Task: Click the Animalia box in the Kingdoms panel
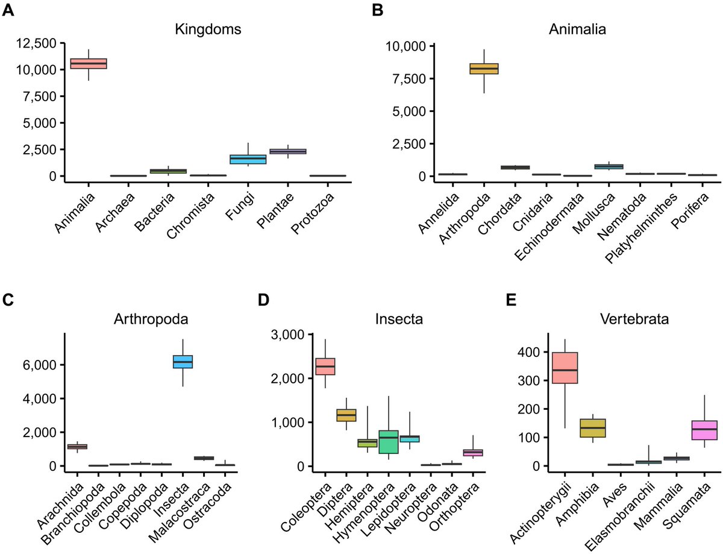(x=89, y=63)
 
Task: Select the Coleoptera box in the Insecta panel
(x=325, y=366)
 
